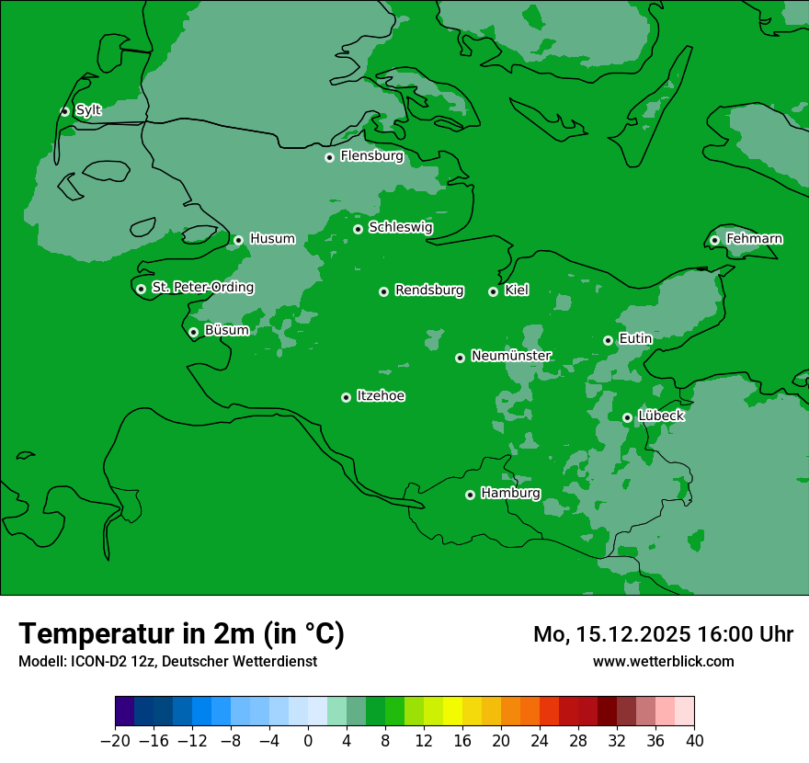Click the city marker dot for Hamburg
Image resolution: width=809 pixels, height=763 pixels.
click(470, 495)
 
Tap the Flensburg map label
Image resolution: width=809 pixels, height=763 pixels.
click(371, 156)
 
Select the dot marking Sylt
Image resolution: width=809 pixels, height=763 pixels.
click(64, 111)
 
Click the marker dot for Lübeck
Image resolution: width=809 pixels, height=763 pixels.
click(627, 417)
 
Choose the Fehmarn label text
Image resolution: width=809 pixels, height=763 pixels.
click(754, 239)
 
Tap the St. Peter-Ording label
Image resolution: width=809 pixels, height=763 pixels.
click(202, 288)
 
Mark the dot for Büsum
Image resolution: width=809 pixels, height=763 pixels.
click(193, 333)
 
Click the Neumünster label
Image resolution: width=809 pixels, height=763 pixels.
click(510, 356)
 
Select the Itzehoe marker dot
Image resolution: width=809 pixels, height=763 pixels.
click(346, 397)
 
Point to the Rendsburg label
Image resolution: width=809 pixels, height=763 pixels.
click(428, 290)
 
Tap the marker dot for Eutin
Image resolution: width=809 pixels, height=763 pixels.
click(608, 340)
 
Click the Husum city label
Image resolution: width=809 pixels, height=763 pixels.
click(272, 239)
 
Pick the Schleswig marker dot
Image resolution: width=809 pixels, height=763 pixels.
click(358, 229)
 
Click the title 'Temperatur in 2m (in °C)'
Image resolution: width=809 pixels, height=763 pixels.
click(181, 634)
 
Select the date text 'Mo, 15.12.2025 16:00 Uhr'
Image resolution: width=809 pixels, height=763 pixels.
click(663, 634)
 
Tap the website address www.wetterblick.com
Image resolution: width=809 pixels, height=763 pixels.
click(663, 661)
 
